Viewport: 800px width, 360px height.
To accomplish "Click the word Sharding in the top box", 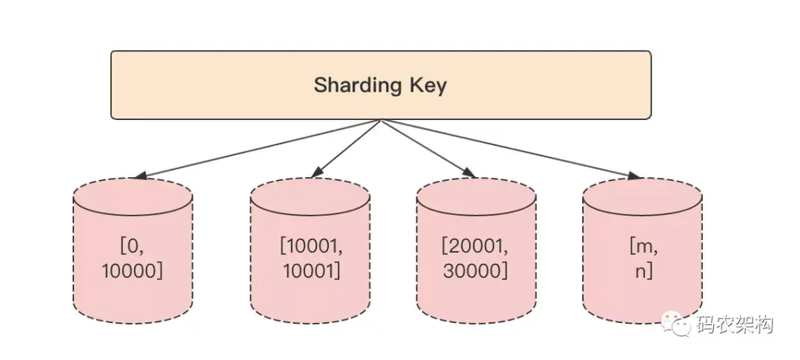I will coord(358,85).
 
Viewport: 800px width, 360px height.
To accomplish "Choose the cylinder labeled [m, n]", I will coord(641,252).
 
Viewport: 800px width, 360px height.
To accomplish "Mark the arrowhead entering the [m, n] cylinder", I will coord(635,176).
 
